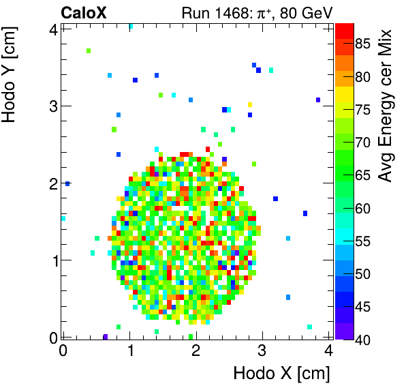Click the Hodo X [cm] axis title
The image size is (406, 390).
[281, 374]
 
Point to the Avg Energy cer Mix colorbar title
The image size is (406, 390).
[386, 106]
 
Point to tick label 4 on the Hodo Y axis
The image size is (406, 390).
[51, 29]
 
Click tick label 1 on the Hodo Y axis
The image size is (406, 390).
[51, 260]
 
